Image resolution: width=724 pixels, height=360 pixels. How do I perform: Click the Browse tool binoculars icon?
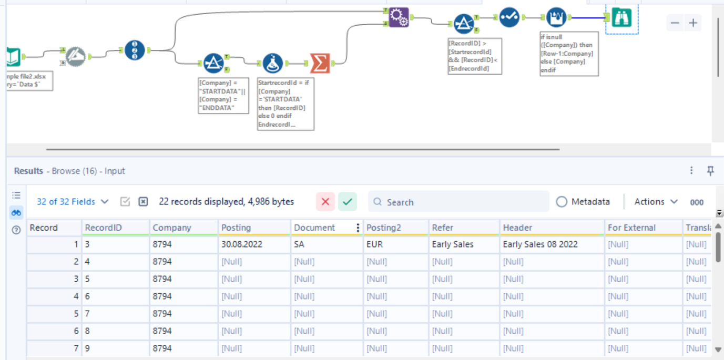[x=621, y=18]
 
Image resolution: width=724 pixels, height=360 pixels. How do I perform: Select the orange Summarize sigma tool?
[x=319, y=64]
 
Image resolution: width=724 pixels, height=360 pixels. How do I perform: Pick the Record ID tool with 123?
[x=135, y=50]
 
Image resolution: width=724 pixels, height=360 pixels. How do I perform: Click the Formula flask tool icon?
[x=272, y=64]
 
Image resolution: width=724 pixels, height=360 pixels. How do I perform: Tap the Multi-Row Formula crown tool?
[x=556, y=18]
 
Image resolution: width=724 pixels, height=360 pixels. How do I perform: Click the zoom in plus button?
[x=693, y=23]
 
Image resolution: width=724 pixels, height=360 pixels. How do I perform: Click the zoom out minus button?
[x=675, y=23]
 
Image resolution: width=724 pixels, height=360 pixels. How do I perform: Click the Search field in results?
[x=457, y=202]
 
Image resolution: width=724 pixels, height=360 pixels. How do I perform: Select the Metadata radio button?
[x=562, y=202]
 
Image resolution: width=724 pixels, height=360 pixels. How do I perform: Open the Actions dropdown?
[x=656, y=202]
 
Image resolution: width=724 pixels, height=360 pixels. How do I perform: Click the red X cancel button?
[x=325, y=202]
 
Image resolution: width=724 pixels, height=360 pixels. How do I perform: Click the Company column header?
[x=172, y=228]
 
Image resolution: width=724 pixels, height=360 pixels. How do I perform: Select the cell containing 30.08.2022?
[x=241, y=244]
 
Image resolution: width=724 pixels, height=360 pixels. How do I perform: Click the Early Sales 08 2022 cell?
[x=540, y=244]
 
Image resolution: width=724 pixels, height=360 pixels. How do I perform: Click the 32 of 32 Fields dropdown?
[x=73, y=202]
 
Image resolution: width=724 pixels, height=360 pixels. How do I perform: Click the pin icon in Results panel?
[x=710, y=171]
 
